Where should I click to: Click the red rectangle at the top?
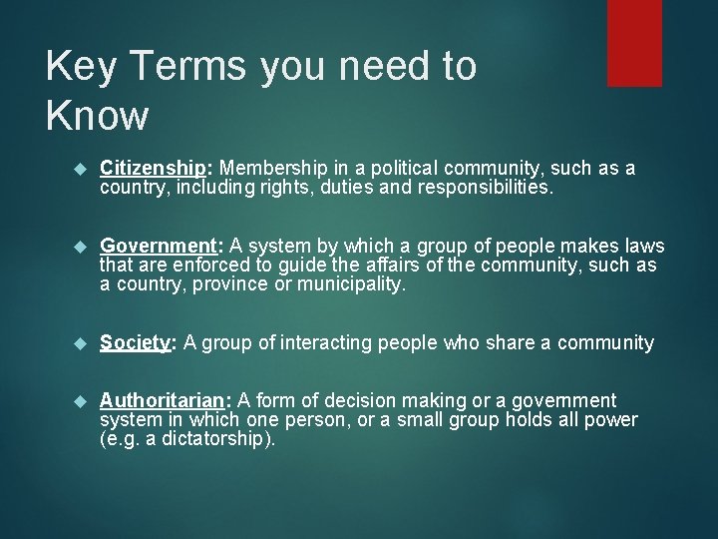[x=634, y=42]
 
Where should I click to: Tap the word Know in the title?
[x=97, y=116]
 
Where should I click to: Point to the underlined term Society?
[x=135, y=343]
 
